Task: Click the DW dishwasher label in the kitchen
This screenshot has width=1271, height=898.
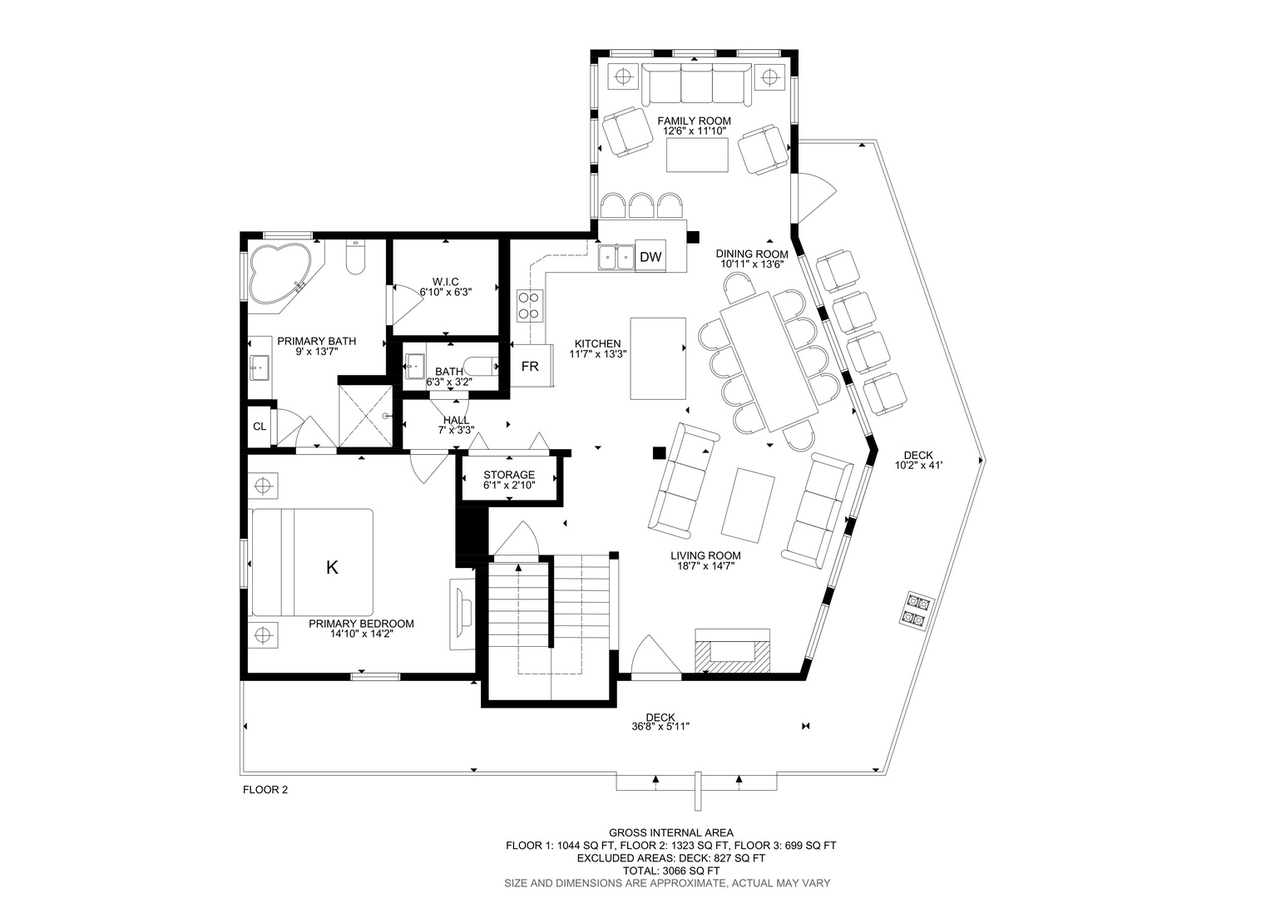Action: [650, 257]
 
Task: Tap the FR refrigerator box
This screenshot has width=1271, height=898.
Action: [531, 366]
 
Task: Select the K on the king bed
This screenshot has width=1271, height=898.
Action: [332, 567]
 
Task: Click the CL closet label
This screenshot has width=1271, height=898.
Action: [260, 427]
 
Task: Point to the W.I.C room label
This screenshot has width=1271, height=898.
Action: [445, 282]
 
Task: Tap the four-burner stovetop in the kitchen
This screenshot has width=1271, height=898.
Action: [530, 305]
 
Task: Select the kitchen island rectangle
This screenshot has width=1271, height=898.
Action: [658, 358]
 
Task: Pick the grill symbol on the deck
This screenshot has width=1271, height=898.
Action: [913, 610]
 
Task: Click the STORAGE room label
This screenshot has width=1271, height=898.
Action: [509, 475]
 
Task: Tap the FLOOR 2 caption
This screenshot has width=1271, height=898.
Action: [265, 790]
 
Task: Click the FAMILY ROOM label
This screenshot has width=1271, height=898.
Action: [694, 121]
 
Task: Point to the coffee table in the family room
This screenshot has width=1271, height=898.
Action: [697, 155]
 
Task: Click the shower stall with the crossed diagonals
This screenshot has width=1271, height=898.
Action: [366, 416]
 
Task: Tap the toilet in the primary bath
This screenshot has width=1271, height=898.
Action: [356, 257]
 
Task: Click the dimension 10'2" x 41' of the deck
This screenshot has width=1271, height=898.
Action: [918, 466]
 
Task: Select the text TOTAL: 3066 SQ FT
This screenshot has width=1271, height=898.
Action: [671, 871]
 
